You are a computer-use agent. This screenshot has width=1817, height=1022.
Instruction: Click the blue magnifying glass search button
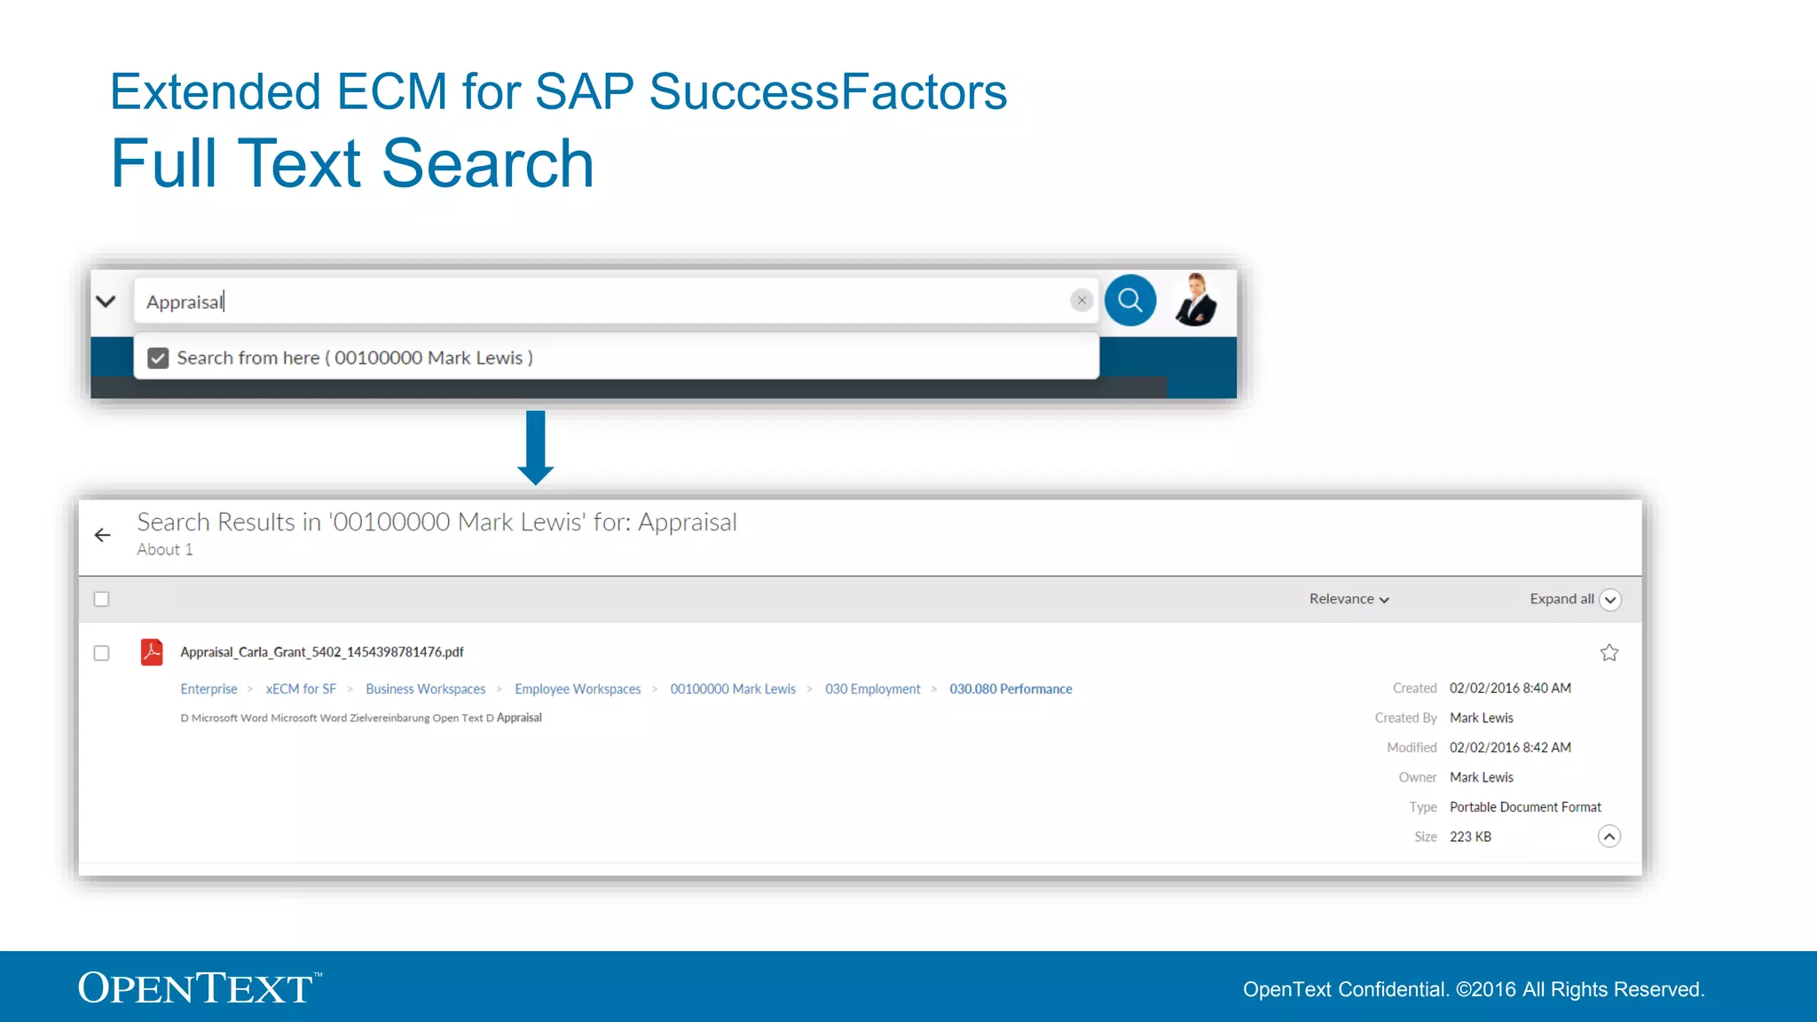click(1129, 301)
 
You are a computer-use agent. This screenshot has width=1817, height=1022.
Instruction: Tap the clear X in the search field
click(1081, 301)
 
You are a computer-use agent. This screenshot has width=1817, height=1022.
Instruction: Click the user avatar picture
click(1196, 300)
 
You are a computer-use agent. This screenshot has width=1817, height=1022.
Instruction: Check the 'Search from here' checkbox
click(158, 358)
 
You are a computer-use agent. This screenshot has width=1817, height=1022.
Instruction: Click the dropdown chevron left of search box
click(106, 302)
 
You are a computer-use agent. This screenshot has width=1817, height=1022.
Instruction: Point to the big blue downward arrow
click(535, 447)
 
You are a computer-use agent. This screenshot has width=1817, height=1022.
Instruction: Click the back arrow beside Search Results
click(103, 535)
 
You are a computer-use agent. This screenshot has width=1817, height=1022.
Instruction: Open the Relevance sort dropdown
click(1349, 600)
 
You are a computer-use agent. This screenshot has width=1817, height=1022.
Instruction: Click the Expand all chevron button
click(1609, 600)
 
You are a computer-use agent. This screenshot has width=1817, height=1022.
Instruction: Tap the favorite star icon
click(1609, 653)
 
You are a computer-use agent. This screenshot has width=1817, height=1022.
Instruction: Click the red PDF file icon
click(152, 652)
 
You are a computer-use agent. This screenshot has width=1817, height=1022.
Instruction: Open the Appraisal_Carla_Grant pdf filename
click(321, 652)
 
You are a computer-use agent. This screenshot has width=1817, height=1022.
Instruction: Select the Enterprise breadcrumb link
click(208, 689)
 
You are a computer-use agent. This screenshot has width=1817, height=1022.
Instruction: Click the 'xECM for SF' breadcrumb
click(301, 689)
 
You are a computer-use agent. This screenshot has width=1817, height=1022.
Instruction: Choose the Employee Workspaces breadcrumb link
click(578, 689)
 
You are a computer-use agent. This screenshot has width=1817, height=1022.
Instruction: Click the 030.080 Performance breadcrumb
click(1011, 689)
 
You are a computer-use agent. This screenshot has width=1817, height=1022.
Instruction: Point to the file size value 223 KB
click(1470, 837)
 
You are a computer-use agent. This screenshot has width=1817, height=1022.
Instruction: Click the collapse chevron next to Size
click(1609, 837)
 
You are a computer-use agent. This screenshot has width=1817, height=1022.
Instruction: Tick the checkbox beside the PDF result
click(102, 653)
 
